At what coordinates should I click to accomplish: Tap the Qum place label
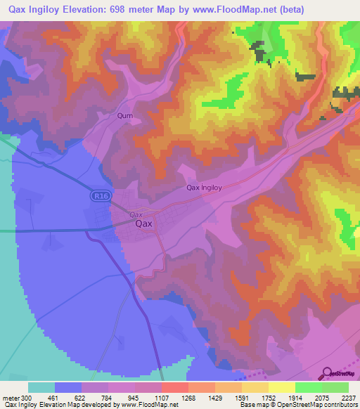point(125,115)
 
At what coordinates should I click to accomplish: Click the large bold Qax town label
point(143,224)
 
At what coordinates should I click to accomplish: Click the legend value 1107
point(161,397)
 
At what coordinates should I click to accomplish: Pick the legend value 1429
point(214,397)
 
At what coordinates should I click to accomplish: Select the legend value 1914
point(295,397)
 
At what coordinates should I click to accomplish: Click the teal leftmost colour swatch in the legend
point(41,387)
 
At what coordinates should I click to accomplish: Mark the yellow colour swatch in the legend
point(281,387)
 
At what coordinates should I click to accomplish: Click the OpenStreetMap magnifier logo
point(328,373)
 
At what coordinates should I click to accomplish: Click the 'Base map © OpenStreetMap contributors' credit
point(298,405)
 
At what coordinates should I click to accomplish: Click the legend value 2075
point(322,397)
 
